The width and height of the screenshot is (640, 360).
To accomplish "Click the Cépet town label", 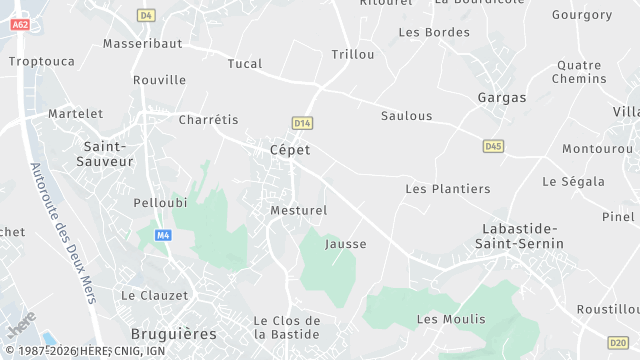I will tap(290, 149).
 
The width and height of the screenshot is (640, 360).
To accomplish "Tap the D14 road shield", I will tap(302, 122).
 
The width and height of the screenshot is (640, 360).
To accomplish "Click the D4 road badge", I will tap(146, 15).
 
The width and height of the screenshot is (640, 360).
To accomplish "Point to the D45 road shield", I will tap(493, 146).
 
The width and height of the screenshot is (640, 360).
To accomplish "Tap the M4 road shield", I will tap(163, 235).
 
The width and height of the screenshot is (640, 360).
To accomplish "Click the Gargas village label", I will tap(501, 98).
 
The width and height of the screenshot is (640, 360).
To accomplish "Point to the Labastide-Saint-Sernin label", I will tap(522, 235).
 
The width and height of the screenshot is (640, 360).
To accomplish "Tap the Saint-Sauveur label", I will tap(108, 153).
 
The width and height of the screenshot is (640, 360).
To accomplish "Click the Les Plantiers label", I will tap(447, 188).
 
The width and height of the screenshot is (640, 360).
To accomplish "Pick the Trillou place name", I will tap(353, 54).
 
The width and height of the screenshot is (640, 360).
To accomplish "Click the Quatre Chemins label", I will tap(580, 72).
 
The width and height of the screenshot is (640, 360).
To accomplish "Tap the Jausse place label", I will tap(346, 243).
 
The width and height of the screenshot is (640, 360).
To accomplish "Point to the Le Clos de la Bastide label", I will tap(286, 327).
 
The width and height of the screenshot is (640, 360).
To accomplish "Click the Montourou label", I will tap(597, 148).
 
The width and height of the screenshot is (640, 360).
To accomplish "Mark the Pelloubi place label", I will tap(160, 202).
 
